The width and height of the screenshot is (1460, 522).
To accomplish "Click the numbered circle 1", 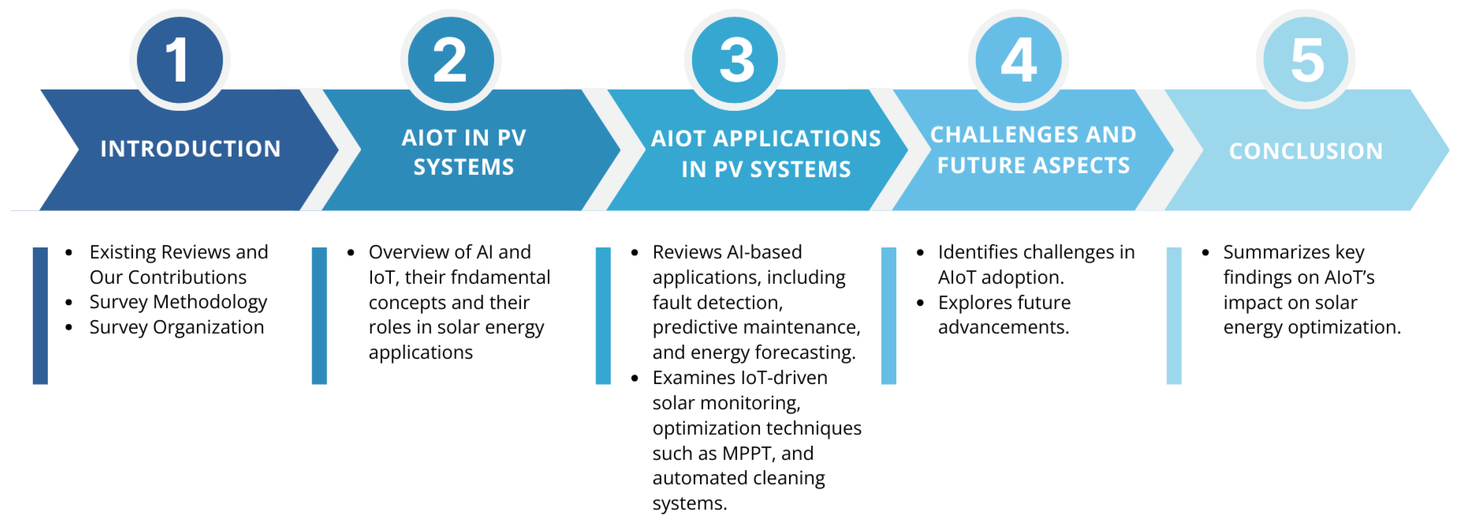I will pyautogui.click(x=180, y=59).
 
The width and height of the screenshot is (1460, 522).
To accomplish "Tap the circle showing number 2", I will pyautogui.click(x=451, y=59).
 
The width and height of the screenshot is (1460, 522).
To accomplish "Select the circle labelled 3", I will pyautogui.click(x=735, y=59).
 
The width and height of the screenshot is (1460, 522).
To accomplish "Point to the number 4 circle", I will pyautogui.click(x=1019, y=59).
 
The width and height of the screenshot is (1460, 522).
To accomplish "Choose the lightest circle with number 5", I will pyautogui.click(x=1306, y=59).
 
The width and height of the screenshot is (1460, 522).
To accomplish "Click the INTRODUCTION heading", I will pyautogui.click(x=190, y=149).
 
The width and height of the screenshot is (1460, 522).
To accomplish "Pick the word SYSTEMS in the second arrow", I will pyautogui.click(x=464, y=167).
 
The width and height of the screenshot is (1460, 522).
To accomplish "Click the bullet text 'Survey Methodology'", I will pyautogui.click(x=178, y=302).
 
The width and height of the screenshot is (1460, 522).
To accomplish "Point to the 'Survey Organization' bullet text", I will pyautogui.click(x=176, y=327).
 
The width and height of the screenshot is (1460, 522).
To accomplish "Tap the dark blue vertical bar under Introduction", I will pyautogui.click(x=40, y=315).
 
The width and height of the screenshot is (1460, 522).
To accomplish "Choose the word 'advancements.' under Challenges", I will pyautogui.click(x=1003, y=327).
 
